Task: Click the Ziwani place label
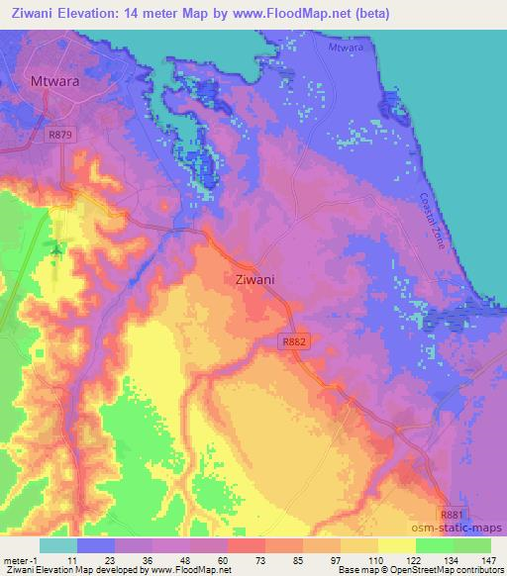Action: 254,280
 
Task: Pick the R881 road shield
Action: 452,516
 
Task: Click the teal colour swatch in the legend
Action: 58,545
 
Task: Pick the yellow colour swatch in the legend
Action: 396,545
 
